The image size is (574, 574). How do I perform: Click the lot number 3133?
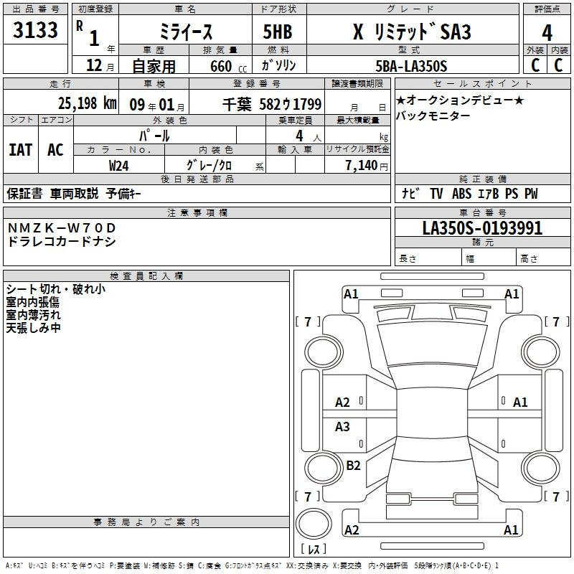click(35, 29)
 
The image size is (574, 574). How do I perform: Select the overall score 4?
click(547, 32)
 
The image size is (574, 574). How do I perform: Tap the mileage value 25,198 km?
click(87, 103)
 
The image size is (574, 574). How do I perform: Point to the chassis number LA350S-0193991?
click(482, 228)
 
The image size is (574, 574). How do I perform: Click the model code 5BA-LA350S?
click(411, 66)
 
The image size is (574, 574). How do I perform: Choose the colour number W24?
click(118, 166)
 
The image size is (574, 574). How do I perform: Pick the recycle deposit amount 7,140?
click(362, 166)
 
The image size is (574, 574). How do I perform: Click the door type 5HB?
click(278, 32)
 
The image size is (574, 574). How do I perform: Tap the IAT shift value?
click(21, 150)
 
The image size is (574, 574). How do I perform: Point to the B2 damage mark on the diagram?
click(353, 465)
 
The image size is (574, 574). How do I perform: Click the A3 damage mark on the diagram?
click(342, 426)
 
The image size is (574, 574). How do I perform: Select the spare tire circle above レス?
click(314, 524)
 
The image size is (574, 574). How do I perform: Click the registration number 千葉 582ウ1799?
click(272, 104)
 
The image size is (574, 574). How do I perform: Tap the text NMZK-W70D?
click(62, 227)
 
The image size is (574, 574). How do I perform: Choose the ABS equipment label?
click(461, 193)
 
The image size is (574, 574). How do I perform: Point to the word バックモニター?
click(433, 116)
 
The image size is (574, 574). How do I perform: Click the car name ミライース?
click(186, 32)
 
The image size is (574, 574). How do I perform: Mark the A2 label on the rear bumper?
click(352, 530)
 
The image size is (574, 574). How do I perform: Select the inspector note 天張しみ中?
click(33, 328)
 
